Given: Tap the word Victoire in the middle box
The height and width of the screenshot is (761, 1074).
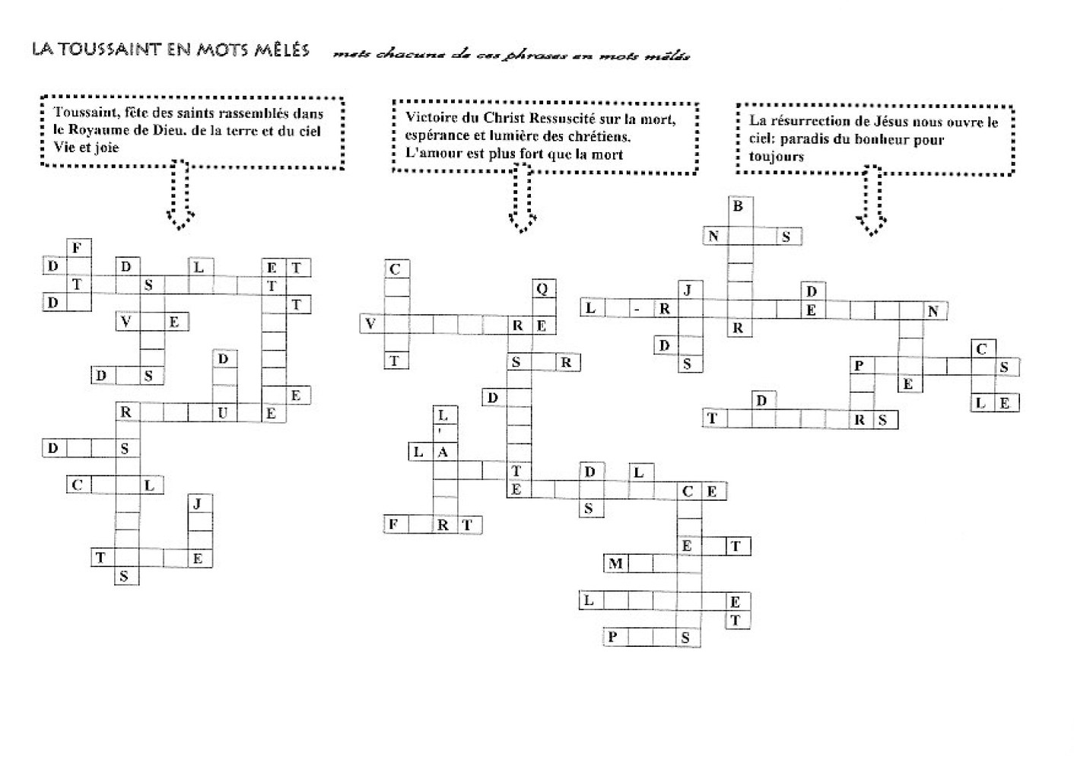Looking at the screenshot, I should coord(431,118).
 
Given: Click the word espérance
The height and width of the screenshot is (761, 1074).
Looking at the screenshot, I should coord(438,136).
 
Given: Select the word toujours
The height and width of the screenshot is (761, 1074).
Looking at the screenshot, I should coord(776,157).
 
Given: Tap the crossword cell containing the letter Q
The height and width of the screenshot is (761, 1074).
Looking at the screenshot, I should coord(542,289).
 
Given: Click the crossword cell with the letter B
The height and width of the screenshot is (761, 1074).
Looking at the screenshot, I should coord(738,206).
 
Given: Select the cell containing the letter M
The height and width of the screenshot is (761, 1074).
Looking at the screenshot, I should coord(615,564).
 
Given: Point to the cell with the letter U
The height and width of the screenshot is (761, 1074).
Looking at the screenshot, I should coord(223,413).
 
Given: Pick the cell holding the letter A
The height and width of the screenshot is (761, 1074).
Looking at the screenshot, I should coord(443,452).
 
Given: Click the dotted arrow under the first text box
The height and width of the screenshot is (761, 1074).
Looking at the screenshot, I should coord(180,194).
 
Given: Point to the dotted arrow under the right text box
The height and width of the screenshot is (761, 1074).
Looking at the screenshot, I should coord(872,201).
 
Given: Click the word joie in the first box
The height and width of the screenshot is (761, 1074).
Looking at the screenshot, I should coord(106,148).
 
